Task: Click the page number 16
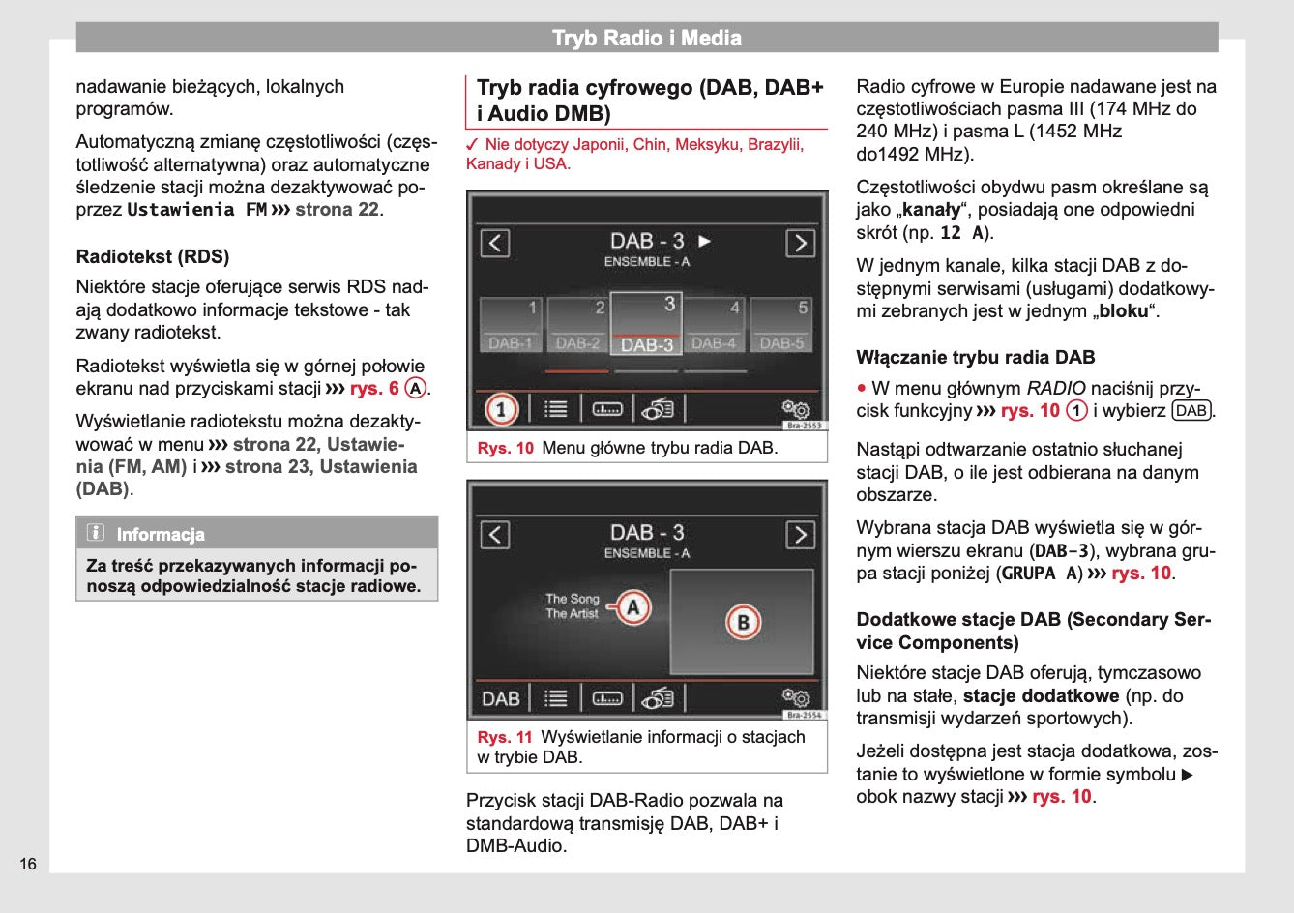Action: (x=28, y=864)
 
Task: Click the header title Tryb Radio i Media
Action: (x=646, y=39)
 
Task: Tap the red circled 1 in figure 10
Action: (x=500, y=409)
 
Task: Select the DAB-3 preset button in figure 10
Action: (x=646, y=324)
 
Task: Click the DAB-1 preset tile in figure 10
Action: (x=511, y=325)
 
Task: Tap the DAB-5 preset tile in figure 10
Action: (x=781, y=325)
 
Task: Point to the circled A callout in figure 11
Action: (x=633, y=607)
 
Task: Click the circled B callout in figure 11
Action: (x=742, y=622)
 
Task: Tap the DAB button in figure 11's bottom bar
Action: (x=501, y=698)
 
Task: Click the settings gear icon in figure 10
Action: (x=795, y=409)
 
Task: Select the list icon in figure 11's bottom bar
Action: (x=555, y=698)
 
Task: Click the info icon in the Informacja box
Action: (x=96, y=533)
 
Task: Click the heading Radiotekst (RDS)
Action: (x=153, y=257)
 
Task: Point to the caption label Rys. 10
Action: (x=505, y=448)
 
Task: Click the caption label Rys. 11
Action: (x=505, y=737)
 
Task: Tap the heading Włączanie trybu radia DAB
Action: (x=975, y=358)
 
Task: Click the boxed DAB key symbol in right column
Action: (x=1191, y=411)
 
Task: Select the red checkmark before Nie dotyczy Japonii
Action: (x=473, y=145)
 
